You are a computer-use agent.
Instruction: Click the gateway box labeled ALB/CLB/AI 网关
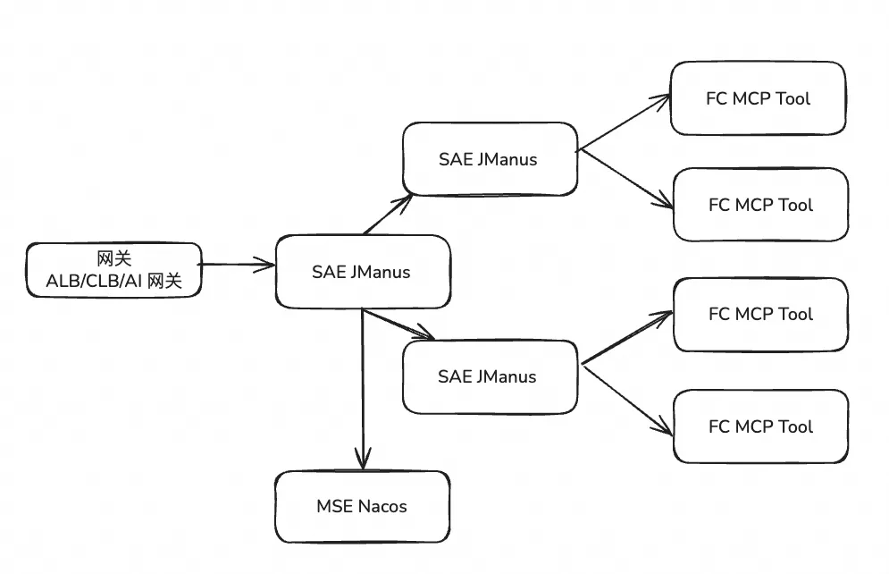(x=113, y=270)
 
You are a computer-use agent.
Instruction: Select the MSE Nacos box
(x=361, y=506)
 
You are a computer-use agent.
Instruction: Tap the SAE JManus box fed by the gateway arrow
(x=361, y=272)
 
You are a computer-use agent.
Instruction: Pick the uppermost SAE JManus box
(x=489, y=159)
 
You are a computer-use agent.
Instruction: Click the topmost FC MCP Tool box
(x=758, y=98)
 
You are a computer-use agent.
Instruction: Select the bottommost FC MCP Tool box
(x=760, y=426)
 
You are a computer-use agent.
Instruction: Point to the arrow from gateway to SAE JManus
(x=237, y=264)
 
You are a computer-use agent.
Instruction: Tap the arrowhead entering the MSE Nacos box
(x=362, y=461)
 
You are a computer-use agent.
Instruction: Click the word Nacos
(x=382, y=506)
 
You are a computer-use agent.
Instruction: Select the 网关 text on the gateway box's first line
(x=113, y=258)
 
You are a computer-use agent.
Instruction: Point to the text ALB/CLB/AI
(x=94, y=282)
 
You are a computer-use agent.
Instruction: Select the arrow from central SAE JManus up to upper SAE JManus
(x=388, y=214)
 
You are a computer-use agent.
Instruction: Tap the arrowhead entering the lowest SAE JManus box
(x=426, y=336)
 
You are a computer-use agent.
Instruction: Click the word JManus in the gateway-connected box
(x=380, y=272)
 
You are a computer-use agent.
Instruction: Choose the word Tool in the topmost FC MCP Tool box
(x=793, y=98)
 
